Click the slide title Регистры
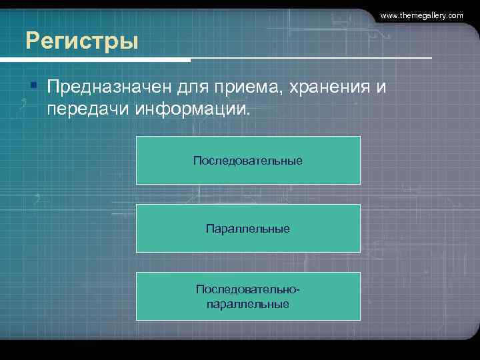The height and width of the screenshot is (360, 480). pyautogui.click(x=82, y=41)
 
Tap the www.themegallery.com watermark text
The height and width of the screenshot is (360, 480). pyautogui.click(x=421, y=15)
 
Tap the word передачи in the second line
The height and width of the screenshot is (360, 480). pyautogui.click(x=84, y=108)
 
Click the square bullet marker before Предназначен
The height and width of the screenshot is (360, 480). pyautogui.click(x=33, y=85)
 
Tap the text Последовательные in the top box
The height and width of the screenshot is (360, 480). pyautogui.click(x=248, y=161)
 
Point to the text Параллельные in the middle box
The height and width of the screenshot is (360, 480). pyautogui.click(x=248, y=229)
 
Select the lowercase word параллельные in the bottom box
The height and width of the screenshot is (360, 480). pyautogui.click(x=248, y=304)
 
